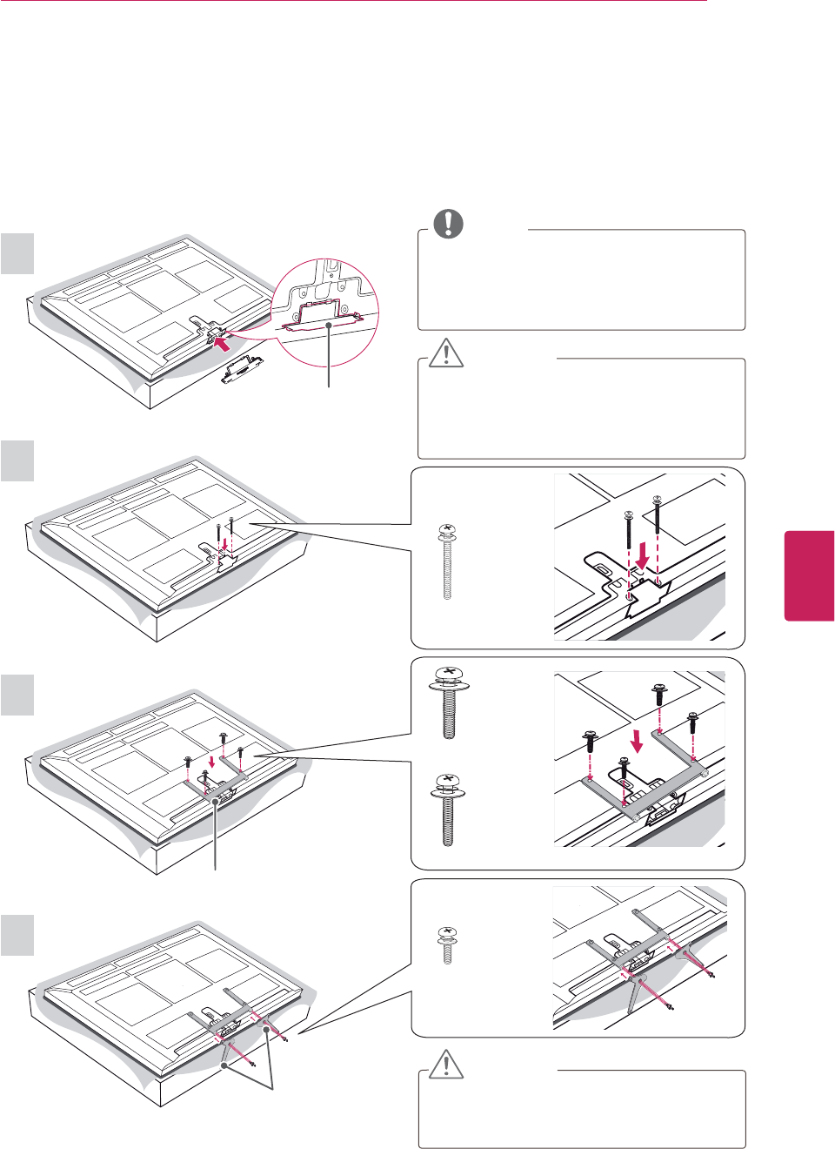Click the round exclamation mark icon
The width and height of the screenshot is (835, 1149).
449,224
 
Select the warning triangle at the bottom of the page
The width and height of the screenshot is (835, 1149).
446,1064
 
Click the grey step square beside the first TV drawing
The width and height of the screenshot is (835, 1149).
17,254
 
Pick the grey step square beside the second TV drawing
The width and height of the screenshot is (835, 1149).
17,460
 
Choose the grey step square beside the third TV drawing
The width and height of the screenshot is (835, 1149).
17,695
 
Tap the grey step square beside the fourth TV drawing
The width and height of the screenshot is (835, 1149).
17,935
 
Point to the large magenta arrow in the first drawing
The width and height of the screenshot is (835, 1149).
224,346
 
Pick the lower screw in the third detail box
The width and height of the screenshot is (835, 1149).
448,810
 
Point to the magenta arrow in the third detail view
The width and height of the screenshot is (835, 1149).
638,741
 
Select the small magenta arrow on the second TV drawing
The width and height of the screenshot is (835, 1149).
225,544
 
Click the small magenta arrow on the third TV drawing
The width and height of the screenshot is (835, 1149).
211,762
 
